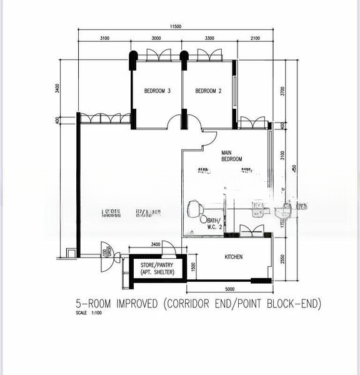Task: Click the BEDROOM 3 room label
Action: [x=157, y=91]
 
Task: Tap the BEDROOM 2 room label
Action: [x=209, y=91]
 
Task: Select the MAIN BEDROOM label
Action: [x=231, y=156]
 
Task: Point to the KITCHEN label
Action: [x=234, y=257]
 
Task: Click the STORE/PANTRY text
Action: [x=157, y=266]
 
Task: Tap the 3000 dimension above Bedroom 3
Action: [x=157, y=39]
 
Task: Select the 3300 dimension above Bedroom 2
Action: [x=210, y=39]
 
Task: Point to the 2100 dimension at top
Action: [x=256, y=39]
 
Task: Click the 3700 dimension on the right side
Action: [x=283, y=91]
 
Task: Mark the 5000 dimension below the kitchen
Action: [x=230, y=289]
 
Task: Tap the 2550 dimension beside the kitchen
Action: [x=283, y=258]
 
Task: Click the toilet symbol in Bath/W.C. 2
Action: [x=195, y=207]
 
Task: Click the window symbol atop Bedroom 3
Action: [x=157, y=56]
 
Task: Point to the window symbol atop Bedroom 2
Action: [x=209, y=56]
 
